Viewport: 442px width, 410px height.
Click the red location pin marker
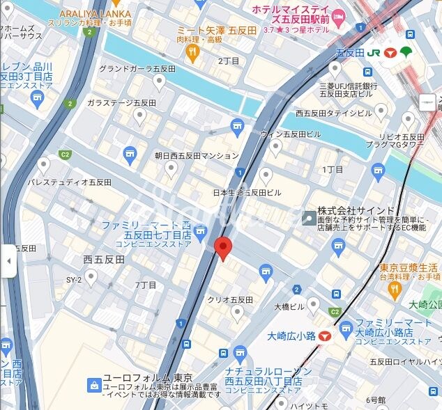[x=222, y=248]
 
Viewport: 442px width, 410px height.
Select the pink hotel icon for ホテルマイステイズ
[x=338, y=15]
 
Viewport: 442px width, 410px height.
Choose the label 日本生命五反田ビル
[x=247, y=192]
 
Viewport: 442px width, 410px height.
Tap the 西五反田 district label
[x=103, y=259]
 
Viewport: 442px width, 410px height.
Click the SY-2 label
[x=74, y=280]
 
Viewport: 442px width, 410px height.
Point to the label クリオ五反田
[x=230, y=299]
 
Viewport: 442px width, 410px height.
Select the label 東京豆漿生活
[x=409, y=268]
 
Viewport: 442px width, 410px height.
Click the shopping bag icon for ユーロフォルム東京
[x=93, y=385]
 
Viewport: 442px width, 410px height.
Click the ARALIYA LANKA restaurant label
[x=95, y=13]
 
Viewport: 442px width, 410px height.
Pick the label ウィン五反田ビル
[x=290, y=133]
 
